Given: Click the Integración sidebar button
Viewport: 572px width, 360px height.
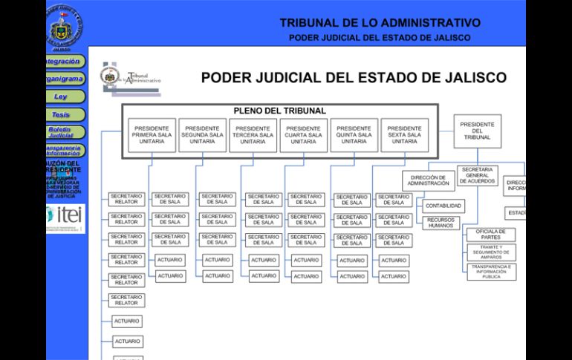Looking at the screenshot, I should click(x=64, y=61).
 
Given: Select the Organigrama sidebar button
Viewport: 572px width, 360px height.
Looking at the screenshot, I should click(x=64, y=79).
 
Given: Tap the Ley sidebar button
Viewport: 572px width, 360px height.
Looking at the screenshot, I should click(x=61, y=96).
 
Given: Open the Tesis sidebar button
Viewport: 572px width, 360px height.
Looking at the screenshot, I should click(x=61, y=115).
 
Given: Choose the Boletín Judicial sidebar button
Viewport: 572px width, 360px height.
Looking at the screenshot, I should click(x=61, y=133).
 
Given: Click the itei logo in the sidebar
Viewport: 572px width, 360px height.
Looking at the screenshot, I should click(x=65, y=216).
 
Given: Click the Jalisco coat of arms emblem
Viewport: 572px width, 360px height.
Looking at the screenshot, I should click(x=65, y=27).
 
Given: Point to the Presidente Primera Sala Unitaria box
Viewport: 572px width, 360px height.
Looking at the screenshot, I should click(x=152, y=135).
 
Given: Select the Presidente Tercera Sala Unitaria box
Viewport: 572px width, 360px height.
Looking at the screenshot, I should click(x=253, y=135).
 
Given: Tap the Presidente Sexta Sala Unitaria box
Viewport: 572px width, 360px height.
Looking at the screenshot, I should click(x=404, y=135).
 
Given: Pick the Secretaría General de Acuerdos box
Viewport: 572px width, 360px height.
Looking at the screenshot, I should click(x=478, y=175).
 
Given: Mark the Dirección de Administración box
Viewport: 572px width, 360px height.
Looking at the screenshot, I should click(x=429, y=180).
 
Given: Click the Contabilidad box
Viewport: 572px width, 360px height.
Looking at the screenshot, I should click(x=443, y=206).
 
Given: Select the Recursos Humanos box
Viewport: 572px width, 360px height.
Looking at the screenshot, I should click(x=441, y=222).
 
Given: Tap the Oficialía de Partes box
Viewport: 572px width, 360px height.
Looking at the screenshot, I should click(x=491, y=235).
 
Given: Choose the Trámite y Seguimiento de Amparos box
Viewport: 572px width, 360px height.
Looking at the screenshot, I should click(x=491, y=252).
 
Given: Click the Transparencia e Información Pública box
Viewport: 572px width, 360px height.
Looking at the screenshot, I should click(x=491, y=272).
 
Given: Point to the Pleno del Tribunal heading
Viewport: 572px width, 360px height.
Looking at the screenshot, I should click(x=279, y=111).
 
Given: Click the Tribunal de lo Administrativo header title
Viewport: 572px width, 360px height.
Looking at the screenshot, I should click(x=380, y=23).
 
